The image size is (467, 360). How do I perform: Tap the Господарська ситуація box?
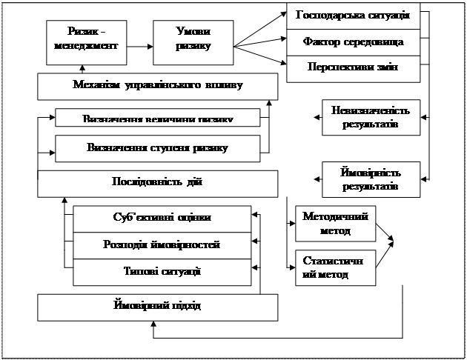(x=353, y=16)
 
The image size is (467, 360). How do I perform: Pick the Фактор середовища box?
(x=353, y=42)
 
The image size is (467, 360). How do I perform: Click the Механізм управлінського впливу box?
(x=158, y=86)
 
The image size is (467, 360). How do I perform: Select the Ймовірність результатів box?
(x=371, y=179)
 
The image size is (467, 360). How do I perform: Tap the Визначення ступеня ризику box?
(x=158, y=148)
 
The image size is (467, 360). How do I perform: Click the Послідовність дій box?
(x=158, y=182)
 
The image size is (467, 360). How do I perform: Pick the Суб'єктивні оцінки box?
(x=162, y=218)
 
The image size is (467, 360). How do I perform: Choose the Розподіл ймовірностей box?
(x=162, y=245)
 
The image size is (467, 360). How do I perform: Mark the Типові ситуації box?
(x=162, y=271)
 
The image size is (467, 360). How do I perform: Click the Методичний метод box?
(x=336, y=224)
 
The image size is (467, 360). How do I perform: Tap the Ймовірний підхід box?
(x=158, y=306)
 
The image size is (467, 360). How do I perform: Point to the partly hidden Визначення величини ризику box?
(x=158, y=119)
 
